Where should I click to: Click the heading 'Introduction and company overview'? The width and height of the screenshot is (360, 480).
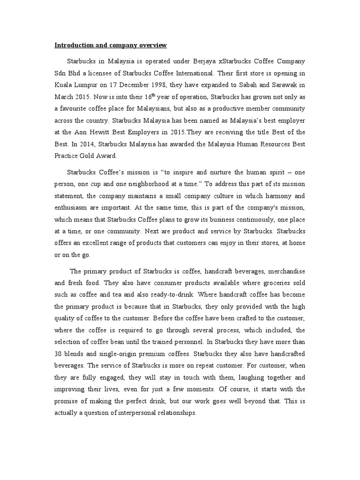pyautogui.click(x=111, y=45)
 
